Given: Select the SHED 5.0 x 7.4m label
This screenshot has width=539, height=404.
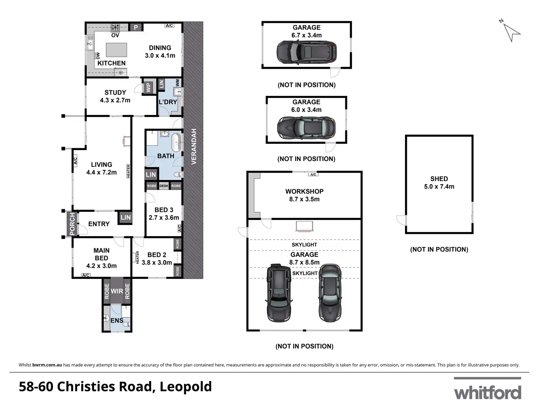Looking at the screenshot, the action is click(x=439, y=183).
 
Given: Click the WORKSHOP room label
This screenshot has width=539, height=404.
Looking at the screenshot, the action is click(x=304, y=191).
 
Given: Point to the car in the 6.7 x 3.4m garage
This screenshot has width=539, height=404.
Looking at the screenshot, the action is click(x=306, y=52).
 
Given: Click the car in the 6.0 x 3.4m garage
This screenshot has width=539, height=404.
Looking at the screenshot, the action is click(x=306, y=127).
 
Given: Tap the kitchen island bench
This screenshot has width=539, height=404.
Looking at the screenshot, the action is click(x=116, y=50).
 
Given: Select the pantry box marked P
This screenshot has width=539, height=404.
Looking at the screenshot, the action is click(x=136, y=27).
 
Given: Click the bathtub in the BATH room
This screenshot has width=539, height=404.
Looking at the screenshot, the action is click(x=176, y=142).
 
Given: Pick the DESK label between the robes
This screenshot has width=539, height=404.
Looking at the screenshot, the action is click(x=164, y=186).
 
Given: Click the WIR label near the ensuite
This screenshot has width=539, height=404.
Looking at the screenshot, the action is click(x=117, y=291).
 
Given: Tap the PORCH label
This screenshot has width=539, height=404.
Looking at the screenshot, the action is click(x=72, y=224).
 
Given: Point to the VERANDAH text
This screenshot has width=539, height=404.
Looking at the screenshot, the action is click(x=194, y=147).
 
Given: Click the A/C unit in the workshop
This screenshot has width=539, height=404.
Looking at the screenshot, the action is click(x=313, y=175).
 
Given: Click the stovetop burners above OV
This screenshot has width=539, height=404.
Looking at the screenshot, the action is click(x=115, y=27).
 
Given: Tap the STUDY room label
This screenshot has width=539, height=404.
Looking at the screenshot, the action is click(x=115, y=93).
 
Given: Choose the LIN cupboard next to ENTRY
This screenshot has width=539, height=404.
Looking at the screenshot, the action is click(x=126, y=217).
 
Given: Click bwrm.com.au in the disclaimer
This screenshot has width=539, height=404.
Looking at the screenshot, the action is click(x=47, y=365).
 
